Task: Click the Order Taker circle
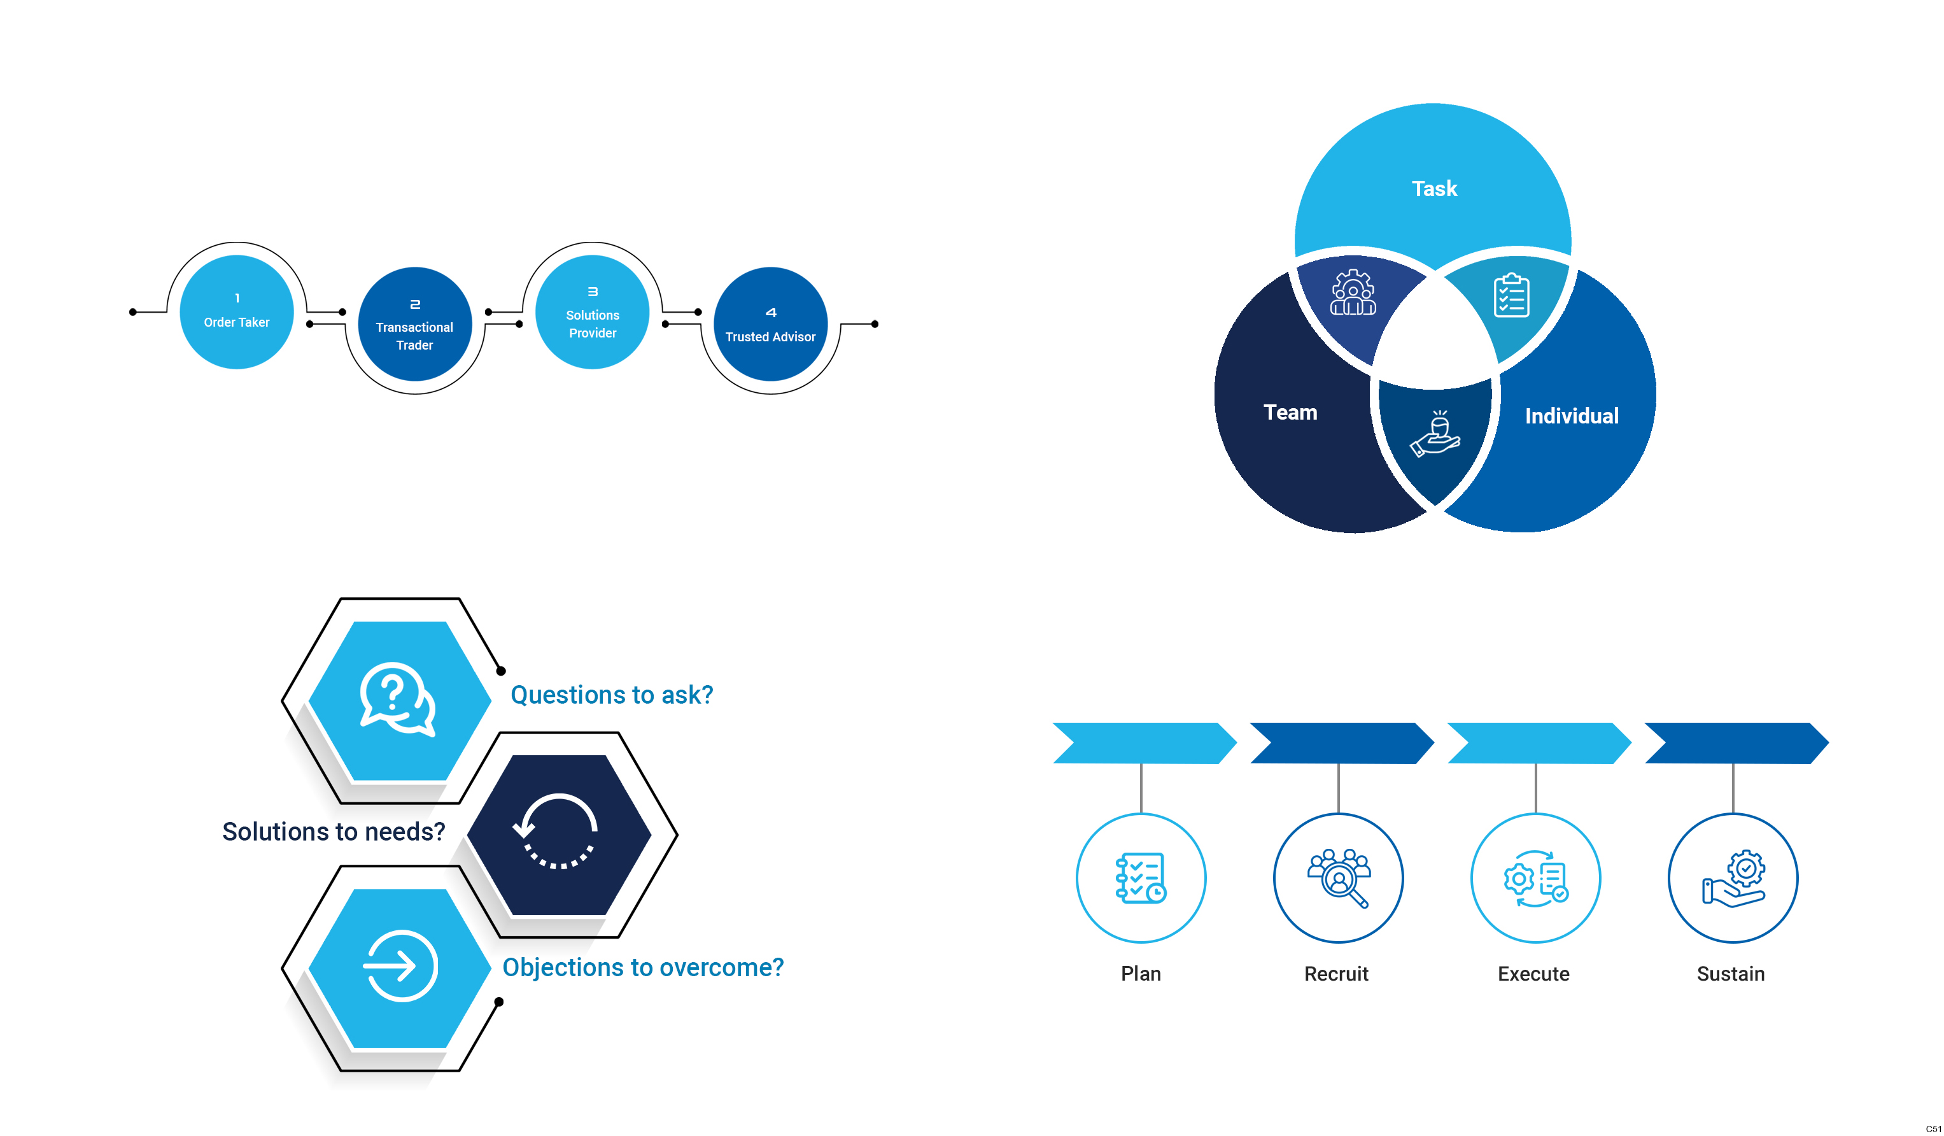coord(236,312)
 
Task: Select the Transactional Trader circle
coord(414,324)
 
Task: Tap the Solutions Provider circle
coord(592,312)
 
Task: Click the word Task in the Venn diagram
coord(1433,188)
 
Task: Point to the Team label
coord(1290,412)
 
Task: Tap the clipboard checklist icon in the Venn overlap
coord(1511,295)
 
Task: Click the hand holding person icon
coord(1434,434)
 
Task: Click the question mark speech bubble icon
coord(397,699)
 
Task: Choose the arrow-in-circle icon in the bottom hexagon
coord(400,965)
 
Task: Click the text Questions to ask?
coord(611,695)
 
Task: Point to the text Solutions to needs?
coord(334,831)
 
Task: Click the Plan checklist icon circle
coord(1140,877)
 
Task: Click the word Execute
coord(1533,974)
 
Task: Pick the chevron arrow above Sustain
coord(1735,742)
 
